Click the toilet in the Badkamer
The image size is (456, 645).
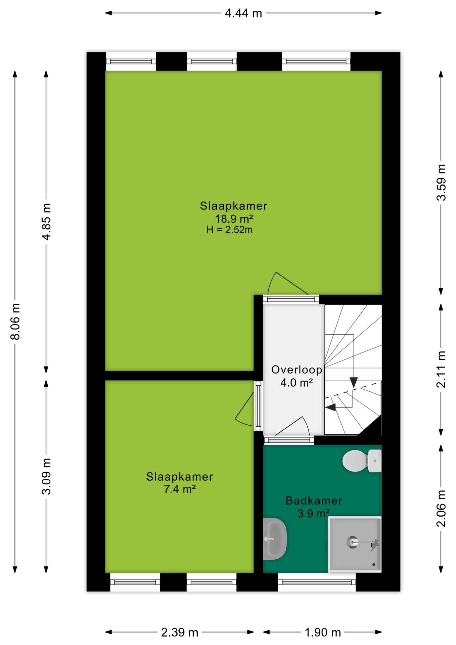tap(362, 461)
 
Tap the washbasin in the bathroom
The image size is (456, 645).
tap(274, 539)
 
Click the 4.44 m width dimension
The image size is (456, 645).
tap(243, 13)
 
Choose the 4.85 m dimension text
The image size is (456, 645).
tap(47, 222)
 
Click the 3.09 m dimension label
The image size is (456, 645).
tap(47, 476)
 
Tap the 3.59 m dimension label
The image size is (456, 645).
tap(441, 182)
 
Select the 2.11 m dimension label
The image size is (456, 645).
tap(441, 369)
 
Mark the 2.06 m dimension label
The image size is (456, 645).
tap(441, 508)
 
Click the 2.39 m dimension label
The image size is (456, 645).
tap(180, 633)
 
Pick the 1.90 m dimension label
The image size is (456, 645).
tap(323, 633)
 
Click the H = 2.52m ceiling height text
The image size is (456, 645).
tap(229, 230)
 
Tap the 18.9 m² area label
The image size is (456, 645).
tap(234, 219)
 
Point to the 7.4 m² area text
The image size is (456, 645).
tap(180, 489)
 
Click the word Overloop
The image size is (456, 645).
tap(297, 370)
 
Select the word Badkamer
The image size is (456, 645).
tap(314, 501)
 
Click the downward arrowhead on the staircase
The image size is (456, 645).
tap(354, 382)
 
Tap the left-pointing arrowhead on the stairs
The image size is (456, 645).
tap(331, 407)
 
